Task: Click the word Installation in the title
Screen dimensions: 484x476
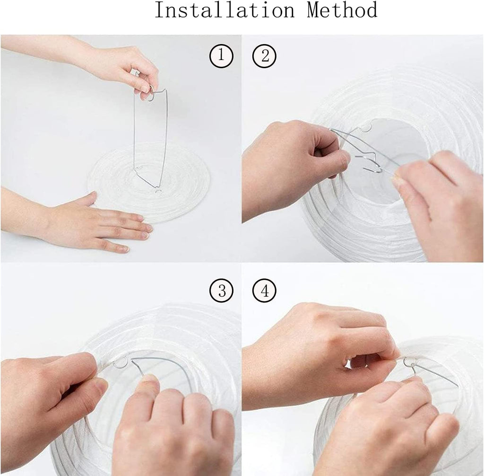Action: [x=225, y=10]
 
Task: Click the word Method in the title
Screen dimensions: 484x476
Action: [x=342, y=10]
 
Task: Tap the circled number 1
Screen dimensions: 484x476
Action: [x=221, y=56]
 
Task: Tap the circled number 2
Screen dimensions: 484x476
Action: [x=264, y=56]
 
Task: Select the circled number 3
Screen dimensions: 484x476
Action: [x=221, y=291]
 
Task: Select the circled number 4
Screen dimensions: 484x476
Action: [x=264, y=291]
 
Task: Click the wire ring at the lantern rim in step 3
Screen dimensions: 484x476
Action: [x=120, y=362]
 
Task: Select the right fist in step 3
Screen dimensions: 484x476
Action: [x=173, y=430]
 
